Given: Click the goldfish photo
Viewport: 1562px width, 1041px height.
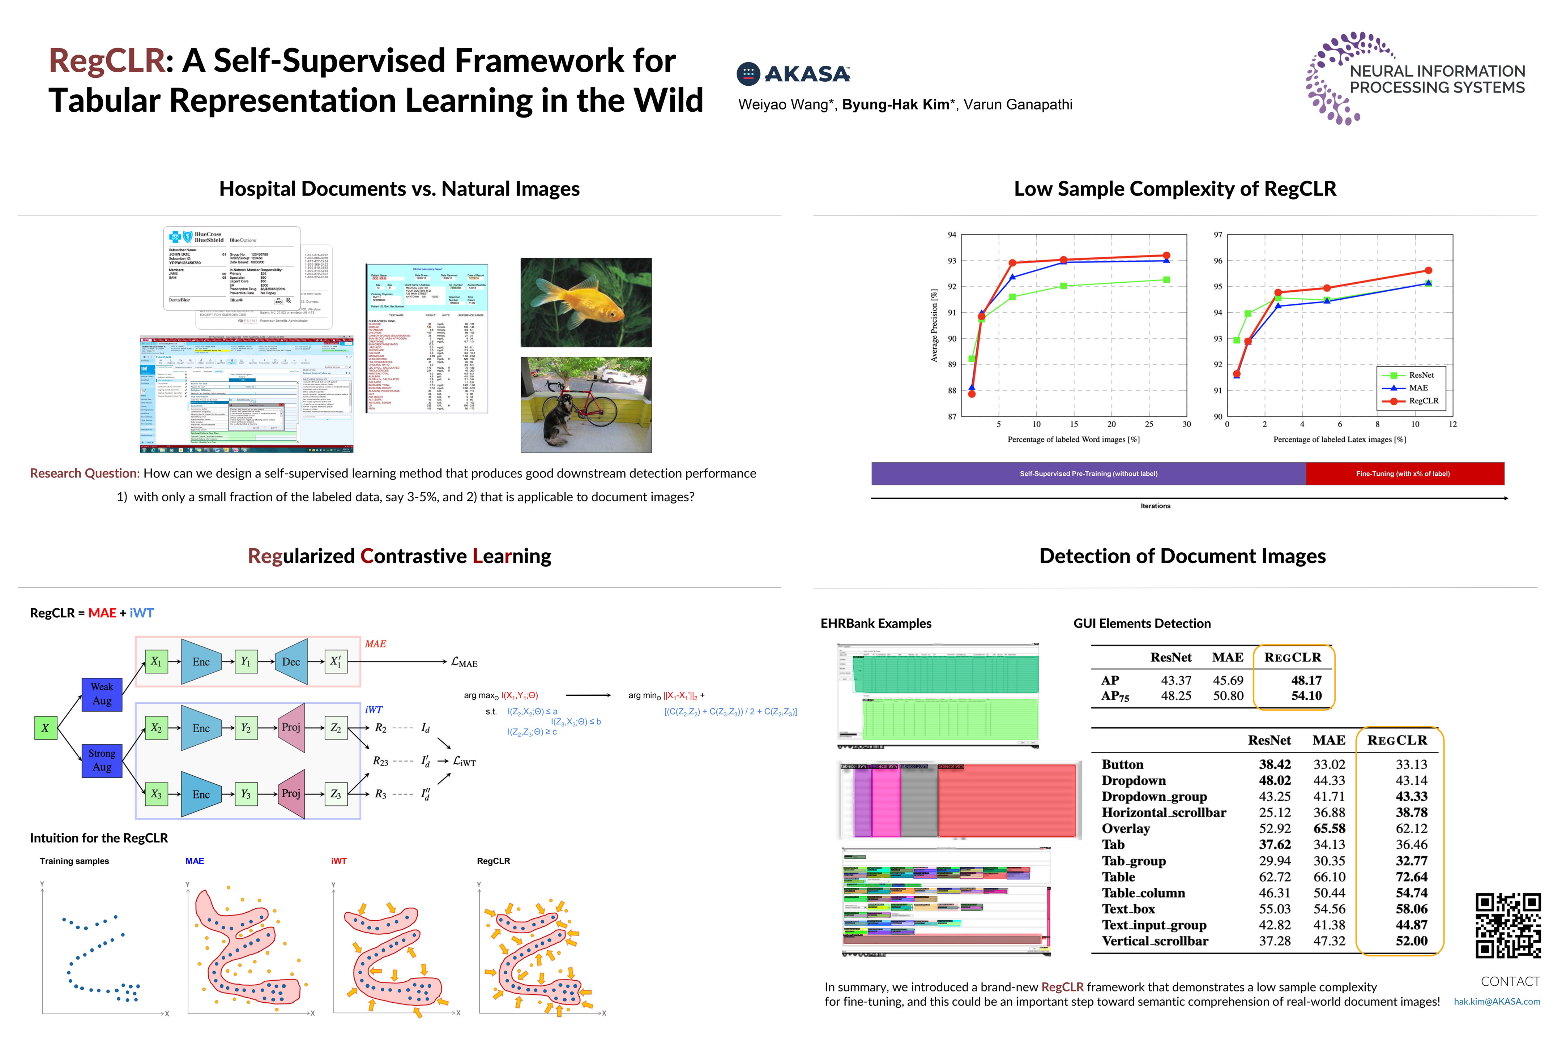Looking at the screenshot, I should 586,303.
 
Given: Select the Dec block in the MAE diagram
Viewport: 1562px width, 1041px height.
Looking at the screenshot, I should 291,662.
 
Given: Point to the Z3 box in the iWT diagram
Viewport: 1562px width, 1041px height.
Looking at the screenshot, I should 336,794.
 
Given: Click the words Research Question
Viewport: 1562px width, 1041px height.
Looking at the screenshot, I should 84,474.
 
